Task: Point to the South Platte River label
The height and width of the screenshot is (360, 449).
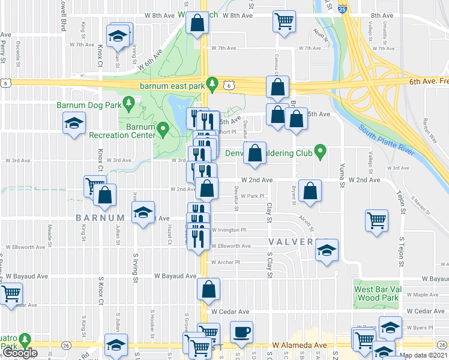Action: coord(387,137)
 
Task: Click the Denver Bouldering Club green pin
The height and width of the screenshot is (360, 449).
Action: coord(320,152)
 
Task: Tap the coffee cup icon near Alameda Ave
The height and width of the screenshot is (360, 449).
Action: coord(241,331)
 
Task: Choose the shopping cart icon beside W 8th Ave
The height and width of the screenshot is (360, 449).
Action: coord(283,21)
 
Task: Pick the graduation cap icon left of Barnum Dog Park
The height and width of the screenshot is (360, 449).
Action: coord(74,123)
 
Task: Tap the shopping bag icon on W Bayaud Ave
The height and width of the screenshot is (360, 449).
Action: coord(208,289)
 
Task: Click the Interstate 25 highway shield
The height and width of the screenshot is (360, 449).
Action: coord(341,10)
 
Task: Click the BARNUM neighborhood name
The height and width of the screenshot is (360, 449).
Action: coord(100,217)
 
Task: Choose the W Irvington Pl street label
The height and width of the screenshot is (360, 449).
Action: coord(229,230)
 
